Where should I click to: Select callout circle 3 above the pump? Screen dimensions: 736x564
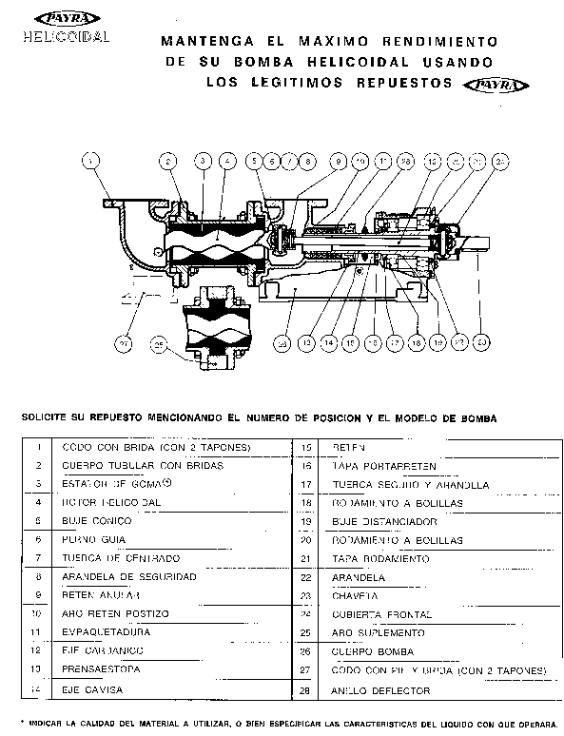(x=203, y=162)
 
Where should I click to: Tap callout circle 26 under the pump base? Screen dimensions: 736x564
(x=282, y=341)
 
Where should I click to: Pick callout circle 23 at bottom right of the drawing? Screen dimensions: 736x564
(x=482, y=340)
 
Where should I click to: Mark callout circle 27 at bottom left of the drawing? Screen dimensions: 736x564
(x=123, y=341)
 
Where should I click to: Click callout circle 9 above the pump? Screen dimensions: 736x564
(x=337, y=162)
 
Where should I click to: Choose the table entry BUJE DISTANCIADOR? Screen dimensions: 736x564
(x=383, y=521)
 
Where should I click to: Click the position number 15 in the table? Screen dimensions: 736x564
(x=306, y=447)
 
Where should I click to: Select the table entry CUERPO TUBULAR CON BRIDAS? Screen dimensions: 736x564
(x=142, y=466)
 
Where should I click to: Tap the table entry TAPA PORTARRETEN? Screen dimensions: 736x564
(x=383, y=466)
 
